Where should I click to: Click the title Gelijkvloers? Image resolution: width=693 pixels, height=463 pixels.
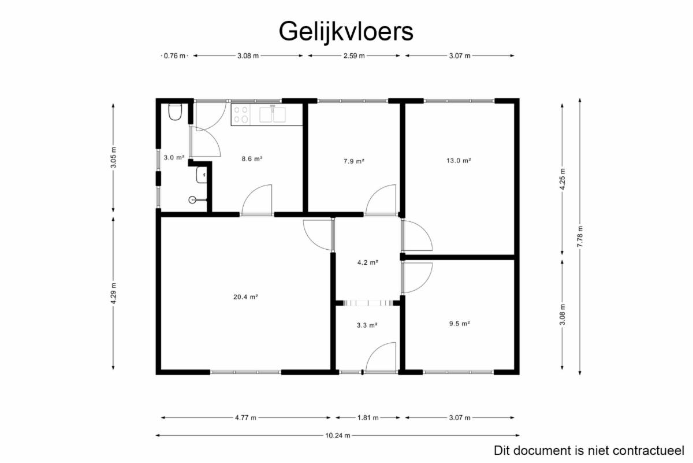[346, 31]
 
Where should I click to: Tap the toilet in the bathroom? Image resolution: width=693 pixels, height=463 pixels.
[175, 112]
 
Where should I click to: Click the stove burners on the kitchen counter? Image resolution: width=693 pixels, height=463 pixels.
[241, 114]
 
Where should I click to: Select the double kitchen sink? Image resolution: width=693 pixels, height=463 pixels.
[273, 114]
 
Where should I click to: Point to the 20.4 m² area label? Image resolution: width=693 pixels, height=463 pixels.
[245, 297]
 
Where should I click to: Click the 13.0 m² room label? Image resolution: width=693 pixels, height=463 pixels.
[459, 161]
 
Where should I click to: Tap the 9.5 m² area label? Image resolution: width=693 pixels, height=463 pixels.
[460, 324]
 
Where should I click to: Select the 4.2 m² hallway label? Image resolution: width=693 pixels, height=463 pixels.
[368, 262]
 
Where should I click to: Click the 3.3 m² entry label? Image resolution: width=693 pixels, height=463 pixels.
[367, 325]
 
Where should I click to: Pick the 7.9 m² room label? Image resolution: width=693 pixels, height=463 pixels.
[354, 161]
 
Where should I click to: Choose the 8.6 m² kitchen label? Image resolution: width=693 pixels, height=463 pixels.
[252, 159]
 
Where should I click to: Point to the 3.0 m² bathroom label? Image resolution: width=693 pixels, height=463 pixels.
[174, 157]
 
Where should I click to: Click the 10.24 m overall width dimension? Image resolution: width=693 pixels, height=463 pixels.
[337, 435]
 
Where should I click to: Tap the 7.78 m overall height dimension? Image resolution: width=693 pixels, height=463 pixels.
[580, 236]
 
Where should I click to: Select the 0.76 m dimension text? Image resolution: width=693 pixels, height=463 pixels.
[174, 55]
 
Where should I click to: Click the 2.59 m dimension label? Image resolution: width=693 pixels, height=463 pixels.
[354, 55]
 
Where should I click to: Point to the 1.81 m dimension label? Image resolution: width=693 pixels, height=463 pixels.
[368, 418]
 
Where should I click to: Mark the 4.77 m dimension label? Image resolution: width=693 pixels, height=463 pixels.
[245, 418]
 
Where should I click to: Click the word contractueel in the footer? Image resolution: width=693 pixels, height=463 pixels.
[648, 451]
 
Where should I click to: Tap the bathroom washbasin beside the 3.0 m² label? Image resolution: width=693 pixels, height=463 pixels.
[202, 175]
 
